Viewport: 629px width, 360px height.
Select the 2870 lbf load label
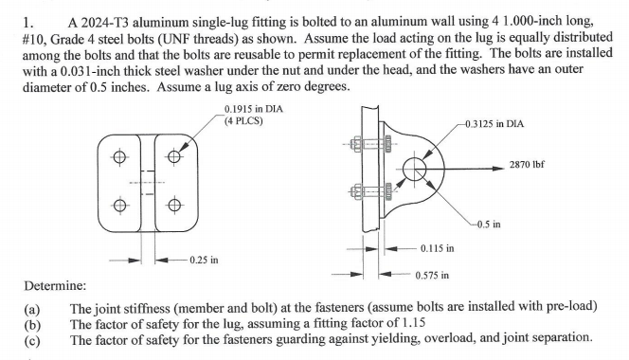coord(548,164)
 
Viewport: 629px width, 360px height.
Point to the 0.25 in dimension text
coord(203,259)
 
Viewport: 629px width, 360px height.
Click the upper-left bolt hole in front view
coord(120,158)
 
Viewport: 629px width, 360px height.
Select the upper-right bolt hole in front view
coord(173,158)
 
